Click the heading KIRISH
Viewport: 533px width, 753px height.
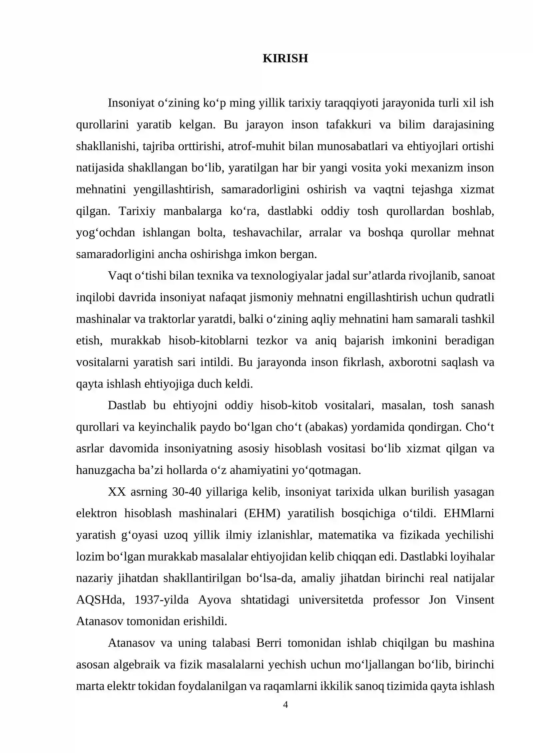285,58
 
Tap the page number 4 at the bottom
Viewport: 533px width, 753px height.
285,704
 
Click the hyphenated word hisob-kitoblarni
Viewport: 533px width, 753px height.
209,341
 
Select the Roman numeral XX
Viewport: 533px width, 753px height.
117,492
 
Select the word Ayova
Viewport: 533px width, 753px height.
215,600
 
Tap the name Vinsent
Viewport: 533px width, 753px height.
475,600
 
